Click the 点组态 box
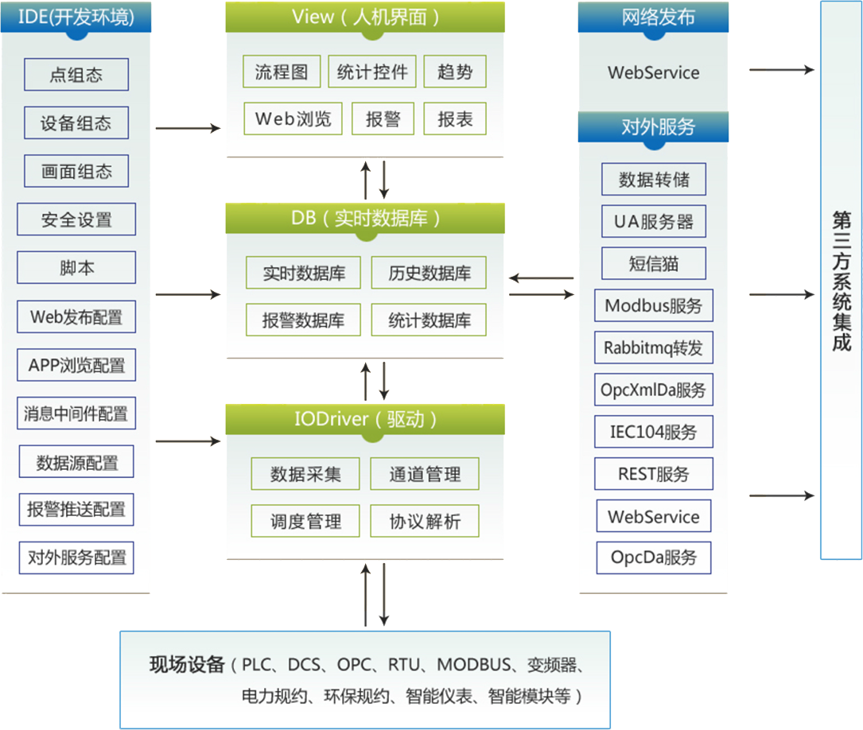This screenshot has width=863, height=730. coord(76,75)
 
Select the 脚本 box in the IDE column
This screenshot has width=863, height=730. coord(76,268)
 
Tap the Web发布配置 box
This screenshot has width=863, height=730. coord(76,316)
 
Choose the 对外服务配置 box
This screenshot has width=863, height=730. coord(76,557)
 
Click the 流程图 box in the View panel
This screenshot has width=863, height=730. coord(282,72)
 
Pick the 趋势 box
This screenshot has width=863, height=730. coord(455,72)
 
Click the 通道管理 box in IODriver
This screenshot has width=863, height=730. coord(425,474)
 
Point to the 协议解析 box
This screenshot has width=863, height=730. coord(425,522)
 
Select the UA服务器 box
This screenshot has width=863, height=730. coord(653,221)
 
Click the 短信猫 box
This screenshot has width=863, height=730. coord(653,263)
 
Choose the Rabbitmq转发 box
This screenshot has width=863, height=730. coord(653,348)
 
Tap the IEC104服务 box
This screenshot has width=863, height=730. coord(653,432)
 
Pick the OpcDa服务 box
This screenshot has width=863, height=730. coord(653,557)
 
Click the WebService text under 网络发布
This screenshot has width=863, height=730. coord(653,72)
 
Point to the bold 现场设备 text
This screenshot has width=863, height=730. coord(187,665)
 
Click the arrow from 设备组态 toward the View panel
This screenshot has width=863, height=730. coord(188,127)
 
